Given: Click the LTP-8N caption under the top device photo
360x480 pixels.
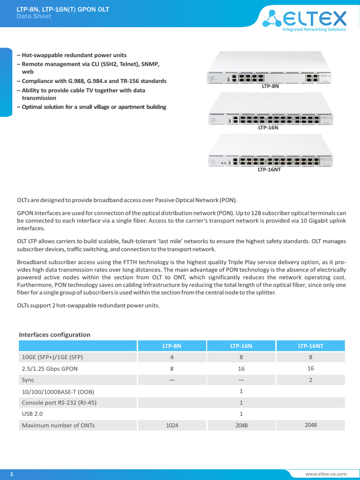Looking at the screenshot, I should click(x=270, y=87).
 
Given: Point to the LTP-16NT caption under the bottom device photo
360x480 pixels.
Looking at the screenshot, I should click(x=269, y=169).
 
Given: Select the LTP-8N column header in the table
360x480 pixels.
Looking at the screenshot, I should click(x=172, y=346).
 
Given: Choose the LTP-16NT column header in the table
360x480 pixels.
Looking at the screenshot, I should click(x=311, y=346).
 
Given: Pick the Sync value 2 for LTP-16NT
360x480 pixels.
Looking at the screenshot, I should click(x=311, y=380).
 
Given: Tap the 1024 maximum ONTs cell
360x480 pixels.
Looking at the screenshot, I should click(x=172, y=426).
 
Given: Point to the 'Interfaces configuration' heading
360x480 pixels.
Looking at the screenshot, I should click(x=54, y=335).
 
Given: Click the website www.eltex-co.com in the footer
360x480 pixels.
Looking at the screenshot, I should click(x=326, y=475).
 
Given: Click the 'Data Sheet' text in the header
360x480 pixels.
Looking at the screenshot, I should click(x=34, y=16).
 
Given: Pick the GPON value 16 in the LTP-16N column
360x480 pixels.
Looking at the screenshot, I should click(x=241, y=369).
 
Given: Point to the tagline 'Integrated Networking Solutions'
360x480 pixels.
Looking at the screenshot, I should click(x=314, y=29).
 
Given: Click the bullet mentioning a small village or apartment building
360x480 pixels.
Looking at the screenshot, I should click(x=91, y=107).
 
